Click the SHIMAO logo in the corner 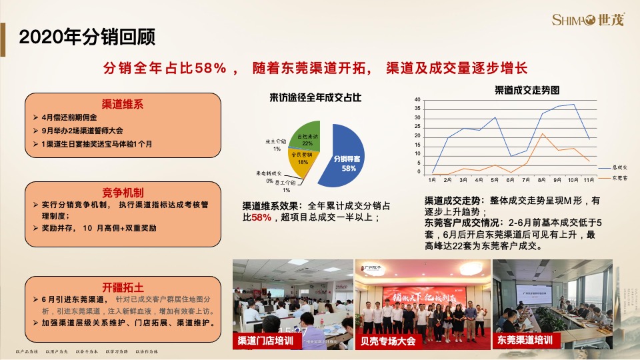pos(587,19)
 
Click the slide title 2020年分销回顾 pos(87,37)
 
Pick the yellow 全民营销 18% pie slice pos(302,161)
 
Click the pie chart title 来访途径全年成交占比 pos(315,98)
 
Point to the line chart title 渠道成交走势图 pos(527,89)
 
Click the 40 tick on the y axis pos(417,99)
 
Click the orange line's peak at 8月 pos(543,133)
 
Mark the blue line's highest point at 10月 pos(575,104)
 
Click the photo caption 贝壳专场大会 pos(388,341)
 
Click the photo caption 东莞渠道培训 pos(525,340)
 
